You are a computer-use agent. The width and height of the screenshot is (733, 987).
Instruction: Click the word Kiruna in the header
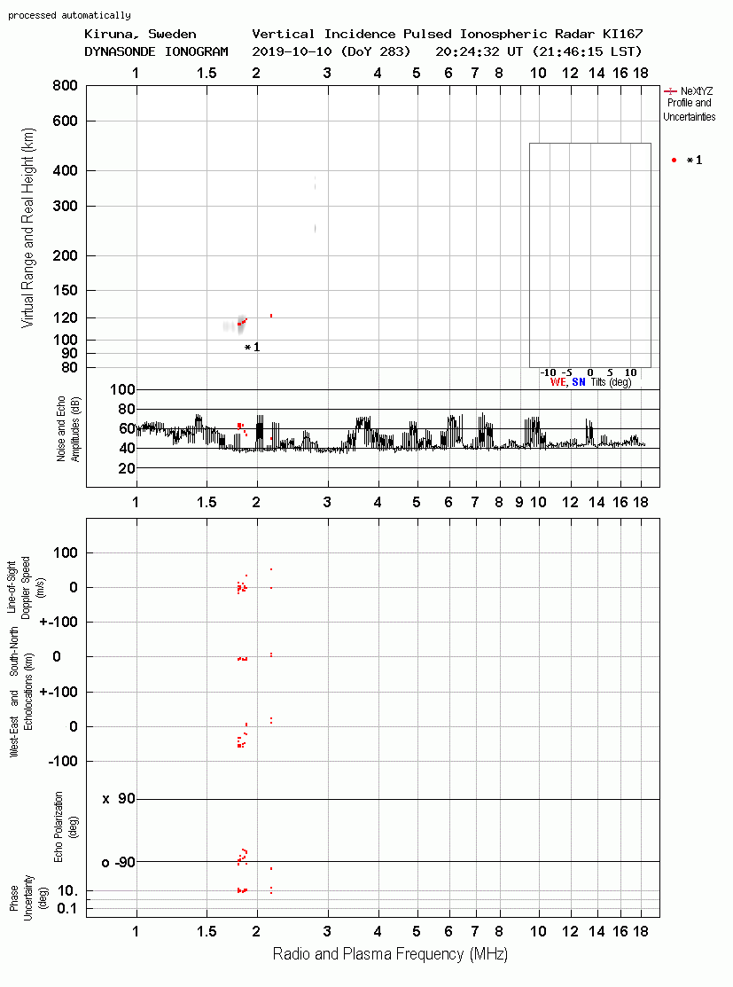(109, 35)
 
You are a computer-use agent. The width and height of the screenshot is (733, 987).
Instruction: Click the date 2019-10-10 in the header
(292, 51)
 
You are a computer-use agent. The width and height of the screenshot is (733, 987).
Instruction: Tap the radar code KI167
(622, 34)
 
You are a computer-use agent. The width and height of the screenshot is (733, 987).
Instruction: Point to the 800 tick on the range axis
(65, 85)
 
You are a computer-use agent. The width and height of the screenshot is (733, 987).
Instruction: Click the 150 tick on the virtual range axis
(65, 290)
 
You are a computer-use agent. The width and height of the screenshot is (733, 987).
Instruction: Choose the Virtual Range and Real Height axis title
(27, 228)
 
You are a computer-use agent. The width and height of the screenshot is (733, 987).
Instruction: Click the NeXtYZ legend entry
(690, 91)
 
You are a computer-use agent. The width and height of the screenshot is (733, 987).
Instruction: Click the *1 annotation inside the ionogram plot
(252, 347)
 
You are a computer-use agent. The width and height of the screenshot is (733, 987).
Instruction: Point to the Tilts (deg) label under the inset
(611, 382)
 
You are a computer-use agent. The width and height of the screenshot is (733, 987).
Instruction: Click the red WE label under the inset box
(558, 382)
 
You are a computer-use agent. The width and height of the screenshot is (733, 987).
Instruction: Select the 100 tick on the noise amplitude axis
(122, 389)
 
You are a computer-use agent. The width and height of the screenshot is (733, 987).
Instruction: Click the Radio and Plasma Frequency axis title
(390, 954)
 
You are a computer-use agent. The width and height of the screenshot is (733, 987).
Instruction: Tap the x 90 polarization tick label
(119, 799)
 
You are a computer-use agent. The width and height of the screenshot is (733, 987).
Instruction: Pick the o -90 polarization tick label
(119, 862)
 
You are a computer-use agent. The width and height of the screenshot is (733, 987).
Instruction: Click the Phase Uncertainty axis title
(20, 898)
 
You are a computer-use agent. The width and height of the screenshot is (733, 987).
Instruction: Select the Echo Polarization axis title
(66, 827)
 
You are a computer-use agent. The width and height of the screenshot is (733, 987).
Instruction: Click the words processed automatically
(69, 15)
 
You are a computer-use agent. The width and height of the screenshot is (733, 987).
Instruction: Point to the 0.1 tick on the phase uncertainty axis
(66, 908)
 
